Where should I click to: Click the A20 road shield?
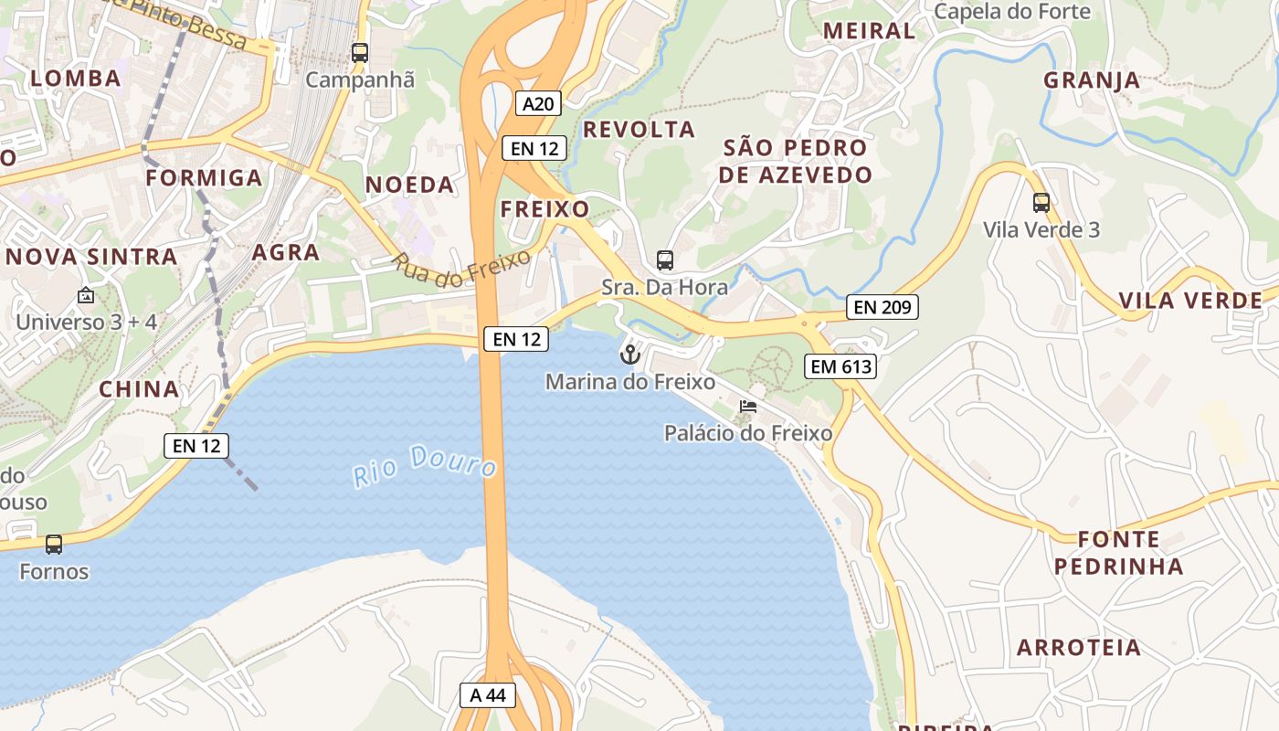[x=537, y=103]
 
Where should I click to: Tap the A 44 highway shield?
[x=487, y=695]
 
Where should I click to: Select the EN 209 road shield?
[x=882, y=307]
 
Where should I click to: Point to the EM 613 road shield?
[x=840, y=367]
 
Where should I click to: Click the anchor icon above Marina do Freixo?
[x=629, y=355]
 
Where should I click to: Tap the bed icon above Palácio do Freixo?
[x=748, y=406]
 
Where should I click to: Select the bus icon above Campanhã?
[x=360, y=53]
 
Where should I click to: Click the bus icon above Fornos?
[x=54, y=545]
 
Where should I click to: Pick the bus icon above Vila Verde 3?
[x=1041, y=203]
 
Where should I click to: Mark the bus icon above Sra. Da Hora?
[x=665, y=260]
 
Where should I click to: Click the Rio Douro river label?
[x=425, y=465]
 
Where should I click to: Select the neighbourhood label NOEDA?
[x=409, y=185]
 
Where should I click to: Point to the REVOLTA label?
[x=639, y=130]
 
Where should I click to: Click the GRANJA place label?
[x=1092, y=79]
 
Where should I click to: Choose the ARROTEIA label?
[x=1079, y=648]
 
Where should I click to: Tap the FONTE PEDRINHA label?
[x=1118, y=553]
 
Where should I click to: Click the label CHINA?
[x=139, y=389]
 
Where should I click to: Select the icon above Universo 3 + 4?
[x=86, y=295]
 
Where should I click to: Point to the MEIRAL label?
[x=869, y=30]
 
